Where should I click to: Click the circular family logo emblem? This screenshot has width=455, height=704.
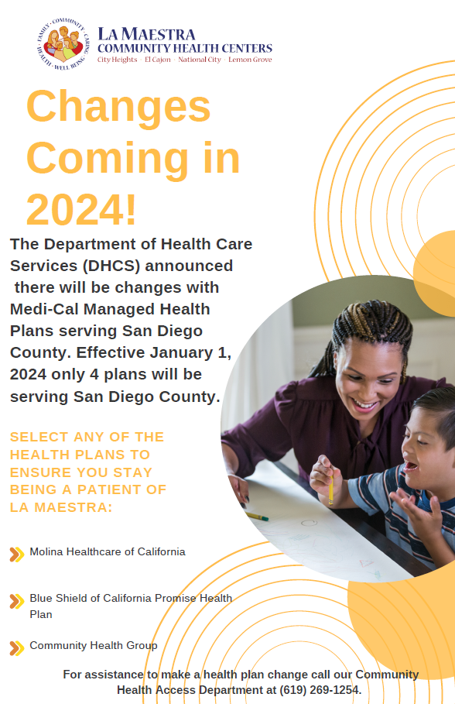(x=63, y=44)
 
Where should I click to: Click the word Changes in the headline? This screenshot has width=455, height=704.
(x=118, y=106)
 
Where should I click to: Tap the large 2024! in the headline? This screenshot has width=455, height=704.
(x=81, y=210)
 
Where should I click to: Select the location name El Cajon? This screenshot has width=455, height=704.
(x=158, y=60)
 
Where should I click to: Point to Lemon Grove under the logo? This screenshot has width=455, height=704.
(x=250, y=60)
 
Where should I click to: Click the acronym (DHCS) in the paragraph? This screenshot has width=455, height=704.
(x=111, y=266)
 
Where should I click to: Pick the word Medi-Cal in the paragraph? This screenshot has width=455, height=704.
(x=44, y=309)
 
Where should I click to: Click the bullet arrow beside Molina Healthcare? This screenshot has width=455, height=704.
(x=16, y=555)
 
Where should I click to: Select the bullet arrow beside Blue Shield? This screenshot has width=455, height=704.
(x=16, y=601)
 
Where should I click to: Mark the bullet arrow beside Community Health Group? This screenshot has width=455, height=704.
(x=16, y=648)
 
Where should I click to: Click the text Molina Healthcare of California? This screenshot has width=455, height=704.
(x=108, y=551)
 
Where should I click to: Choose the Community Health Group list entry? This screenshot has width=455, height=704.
(x=94, y=646)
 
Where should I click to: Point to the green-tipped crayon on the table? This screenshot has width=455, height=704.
(x=257, y=517)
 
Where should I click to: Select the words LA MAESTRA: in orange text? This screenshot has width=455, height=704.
(x=61, y=507)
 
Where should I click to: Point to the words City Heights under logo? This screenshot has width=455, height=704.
(x=117, y=60)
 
